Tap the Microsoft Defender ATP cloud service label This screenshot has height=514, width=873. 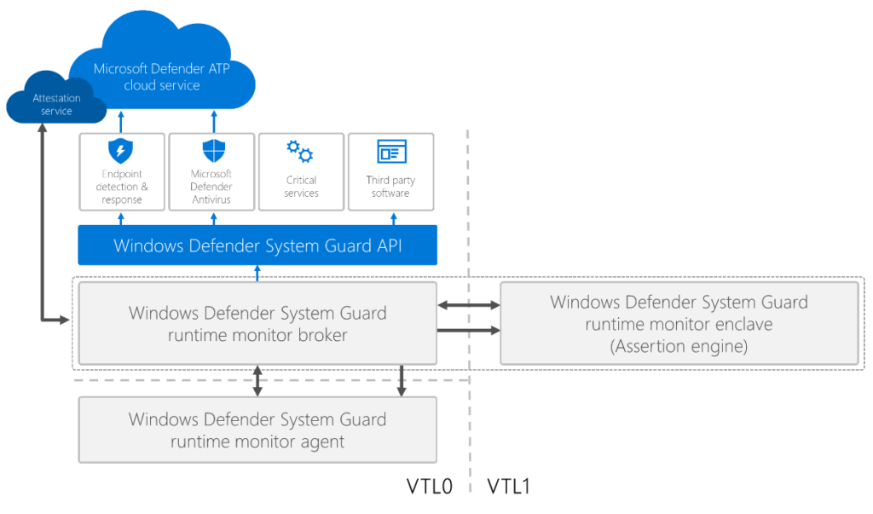coord(161,77)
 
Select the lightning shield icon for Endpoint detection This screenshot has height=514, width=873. coord(121,152)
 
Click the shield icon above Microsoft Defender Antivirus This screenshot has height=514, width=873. coord(211,152)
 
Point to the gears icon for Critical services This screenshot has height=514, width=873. coord(300,152)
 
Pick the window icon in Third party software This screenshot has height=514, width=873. coord(390,152)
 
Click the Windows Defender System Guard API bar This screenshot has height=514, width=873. coord(257,245)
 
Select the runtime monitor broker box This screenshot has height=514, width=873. coord(257,323)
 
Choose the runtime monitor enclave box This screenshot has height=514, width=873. coord(679,323)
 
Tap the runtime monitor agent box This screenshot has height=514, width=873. coord(257,430)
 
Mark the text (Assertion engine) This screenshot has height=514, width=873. coord(679,346)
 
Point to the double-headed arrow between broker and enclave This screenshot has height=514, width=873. coord(468,303)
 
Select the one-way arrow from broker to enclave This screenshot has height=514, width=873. coord(468,330)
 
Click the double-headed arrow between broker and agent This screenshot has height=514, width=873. coord(257,381)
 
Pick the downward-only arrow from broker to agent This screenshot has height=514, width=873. coord(402,381)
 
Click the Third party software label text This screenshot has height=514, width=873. coord(390,187)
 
